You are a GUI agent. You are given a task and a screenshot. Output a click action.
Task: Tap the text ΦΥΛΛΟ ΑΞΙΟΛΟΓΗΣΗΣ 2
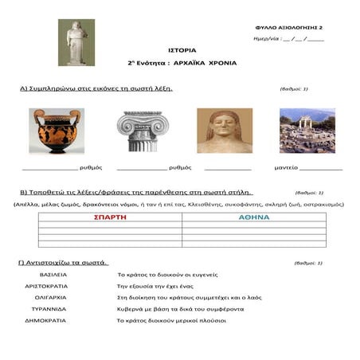click(x=300, y=27)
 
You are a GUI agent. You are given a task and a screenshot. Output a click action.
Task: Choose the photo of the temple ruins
click(x=307, y=131)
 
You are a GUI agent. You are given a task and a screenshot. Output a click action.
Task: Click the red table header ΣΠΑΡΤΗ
click(x=110, y=217)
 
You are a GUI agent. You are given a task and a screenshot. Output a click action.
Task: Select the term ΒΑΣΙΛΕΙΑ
click(x=53, y=273)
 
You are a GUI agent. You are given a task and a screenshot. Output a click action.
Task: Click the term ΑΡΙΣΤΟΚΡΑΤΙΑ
click(x=52, y=284)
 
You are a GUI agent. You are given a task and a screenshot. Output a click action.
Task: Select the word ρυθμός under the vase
click(x=89, y=168)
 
